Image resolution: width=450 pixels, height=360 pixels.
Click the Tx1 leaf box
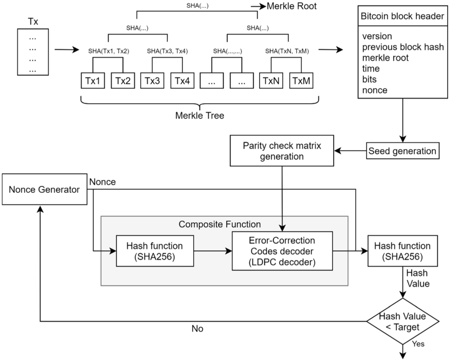93,81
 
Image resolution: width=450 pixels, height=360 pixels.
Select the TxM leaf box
301,81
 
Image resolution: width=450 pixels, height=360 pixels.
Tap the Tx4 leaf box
182,81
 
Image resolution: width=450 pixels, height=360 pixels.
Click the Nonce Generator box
44,189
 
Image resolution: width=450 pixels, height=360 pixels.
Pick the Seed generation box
402,151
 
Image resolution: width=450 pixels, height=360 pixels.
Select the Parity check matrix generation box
282,151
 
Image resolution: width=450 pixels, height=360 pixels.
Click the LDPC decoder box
282,251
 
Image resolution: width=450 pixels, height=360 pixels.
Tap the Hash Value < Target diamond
403,321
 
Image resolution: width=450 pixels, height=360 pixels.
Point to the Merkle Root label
292,6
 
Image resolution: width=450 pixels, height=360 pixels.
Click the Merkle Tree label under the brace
199,115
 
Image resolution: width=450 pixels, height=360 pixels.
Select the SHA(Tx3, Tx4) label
167,51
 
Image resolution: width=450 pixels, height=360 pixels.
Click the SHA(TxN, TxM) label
287,51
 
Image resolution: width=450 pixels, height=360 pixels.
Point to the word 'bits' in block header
369,79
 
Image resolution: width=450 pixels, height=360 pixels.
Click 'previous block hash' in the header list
403,47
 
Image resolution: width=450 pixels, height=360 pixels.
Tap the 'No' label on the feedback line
197,328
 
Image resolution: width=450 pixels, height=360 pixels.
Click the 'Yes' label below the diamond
418,344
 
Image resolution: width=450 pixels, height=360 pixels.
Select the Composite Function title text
220,224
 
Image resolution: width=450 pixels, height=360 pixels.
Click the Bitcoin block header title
402,16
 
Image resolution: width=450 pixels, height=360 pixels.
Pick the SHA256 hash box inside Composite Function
155,251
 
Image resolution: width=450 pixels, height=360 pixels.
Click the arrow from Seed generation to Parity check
350,151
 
